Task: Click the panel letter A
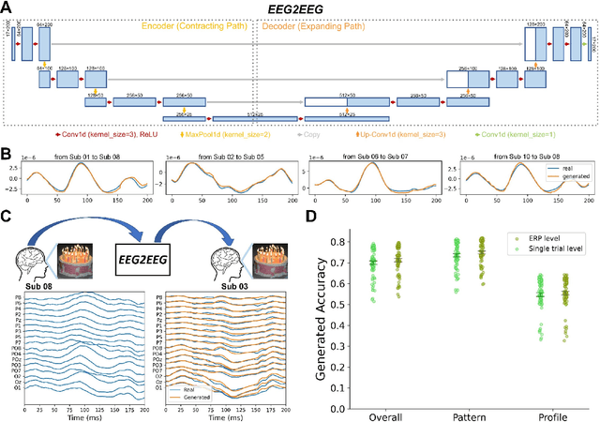7,8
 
